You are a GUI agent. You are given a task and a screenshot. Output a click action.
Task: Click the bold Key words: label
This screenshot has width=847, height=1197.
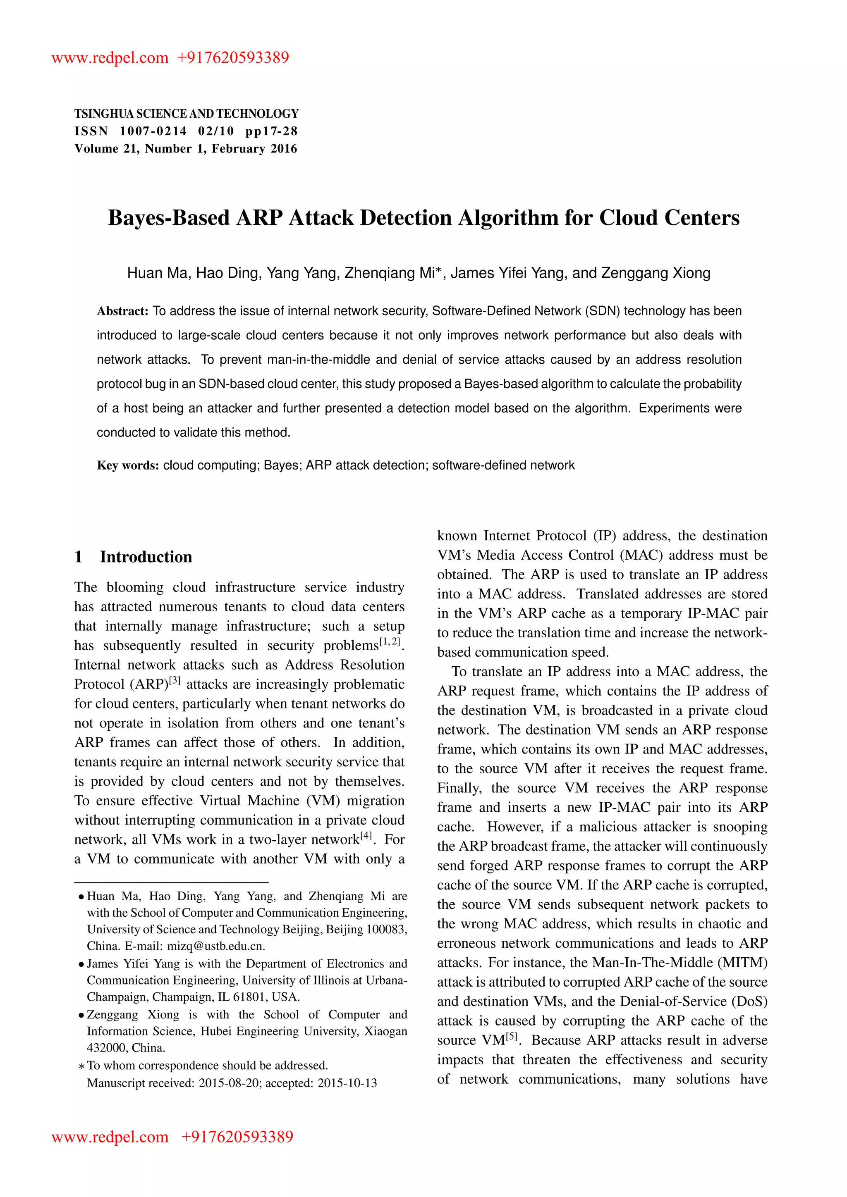click(x=128, y=465)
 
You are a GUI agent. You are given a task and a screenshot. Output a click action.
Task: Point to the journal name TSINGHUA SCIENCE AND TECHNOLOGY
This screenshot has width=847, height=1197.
click(x=186, y=114)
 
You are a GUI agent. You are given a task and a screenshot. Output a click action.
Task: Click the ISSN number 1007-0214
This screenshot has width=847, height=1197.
click(x=153, y=131)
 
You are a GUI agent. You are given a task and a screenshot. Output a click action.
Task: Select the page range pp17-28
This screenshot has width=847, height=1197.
click(x=271, y=131)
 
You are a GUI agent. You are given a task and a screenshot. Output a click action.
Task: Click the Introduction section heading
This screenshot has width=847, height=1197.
click(x=146, y=557)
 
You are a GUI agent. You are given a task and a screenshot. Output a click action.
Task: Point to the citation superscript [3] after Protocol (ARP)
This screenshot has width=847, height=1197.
click(x=175, y=680)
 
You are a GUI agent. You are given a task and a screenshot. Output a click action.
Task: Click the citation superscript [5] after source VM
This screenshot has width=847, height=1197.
click(x=512, y=1036)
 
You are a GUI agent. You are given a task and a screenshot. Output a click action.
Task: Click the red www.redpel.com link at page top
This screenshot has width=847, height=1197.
click(x=110, y=57)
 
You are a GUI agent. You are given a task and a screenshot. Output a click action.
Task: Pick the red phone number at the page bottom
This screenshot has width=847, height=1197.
click(x=237, y=1137)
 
